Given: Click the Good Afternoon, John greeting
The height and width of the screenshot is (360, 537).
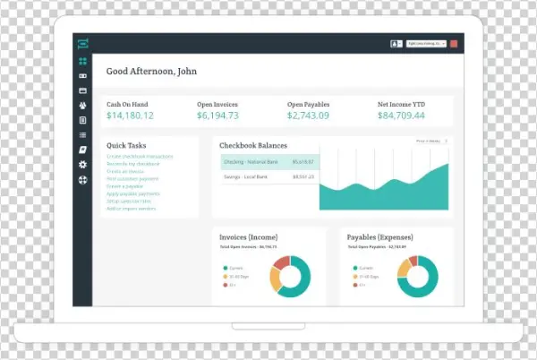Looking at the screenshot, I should click(151, 72).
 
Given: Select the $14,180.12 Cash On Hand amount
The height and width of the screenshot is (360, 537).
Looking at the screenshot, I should click(130, 116).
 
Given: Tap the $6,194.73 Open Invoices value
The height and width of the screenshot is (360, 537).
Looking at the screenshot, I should click(217, 116).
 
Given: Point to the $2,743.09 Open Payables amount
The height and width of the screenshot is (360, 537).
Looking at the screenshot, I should click(308, 116).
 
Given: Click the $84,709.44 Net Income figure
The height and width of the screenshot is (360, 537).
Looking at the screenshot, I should click(401, 116).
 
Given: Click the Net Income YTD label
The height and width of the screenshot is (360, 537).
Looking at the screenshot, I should click(402, 104).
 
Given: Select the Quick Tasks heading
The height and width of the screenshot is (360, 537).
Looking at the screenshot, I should click(125, 145).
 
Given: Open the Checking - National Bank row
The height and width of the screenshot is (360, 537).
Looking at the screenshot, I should click(268, 161).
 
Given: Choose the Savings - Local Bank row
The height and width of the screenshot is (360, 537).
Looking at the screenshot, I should click(268, 177).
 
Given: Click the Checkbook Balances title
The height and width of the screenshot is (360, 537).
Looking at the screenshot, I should click(254, 145).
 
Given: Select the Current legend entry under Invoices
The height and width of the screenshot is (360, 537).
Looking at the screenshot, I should click(236, 266).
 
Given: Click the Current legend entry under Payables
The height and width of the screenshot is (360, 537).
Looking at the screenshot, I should click(363, 266).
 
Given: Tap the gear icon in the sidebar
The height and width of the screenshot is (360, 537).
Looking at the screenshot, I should click(82, 165).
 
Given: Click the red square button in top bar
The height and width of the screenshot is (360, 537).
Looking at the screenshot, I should click(454, 43).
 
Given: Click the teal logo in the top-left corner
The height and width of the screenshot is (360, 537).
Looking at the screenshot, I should click(82, 43).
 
